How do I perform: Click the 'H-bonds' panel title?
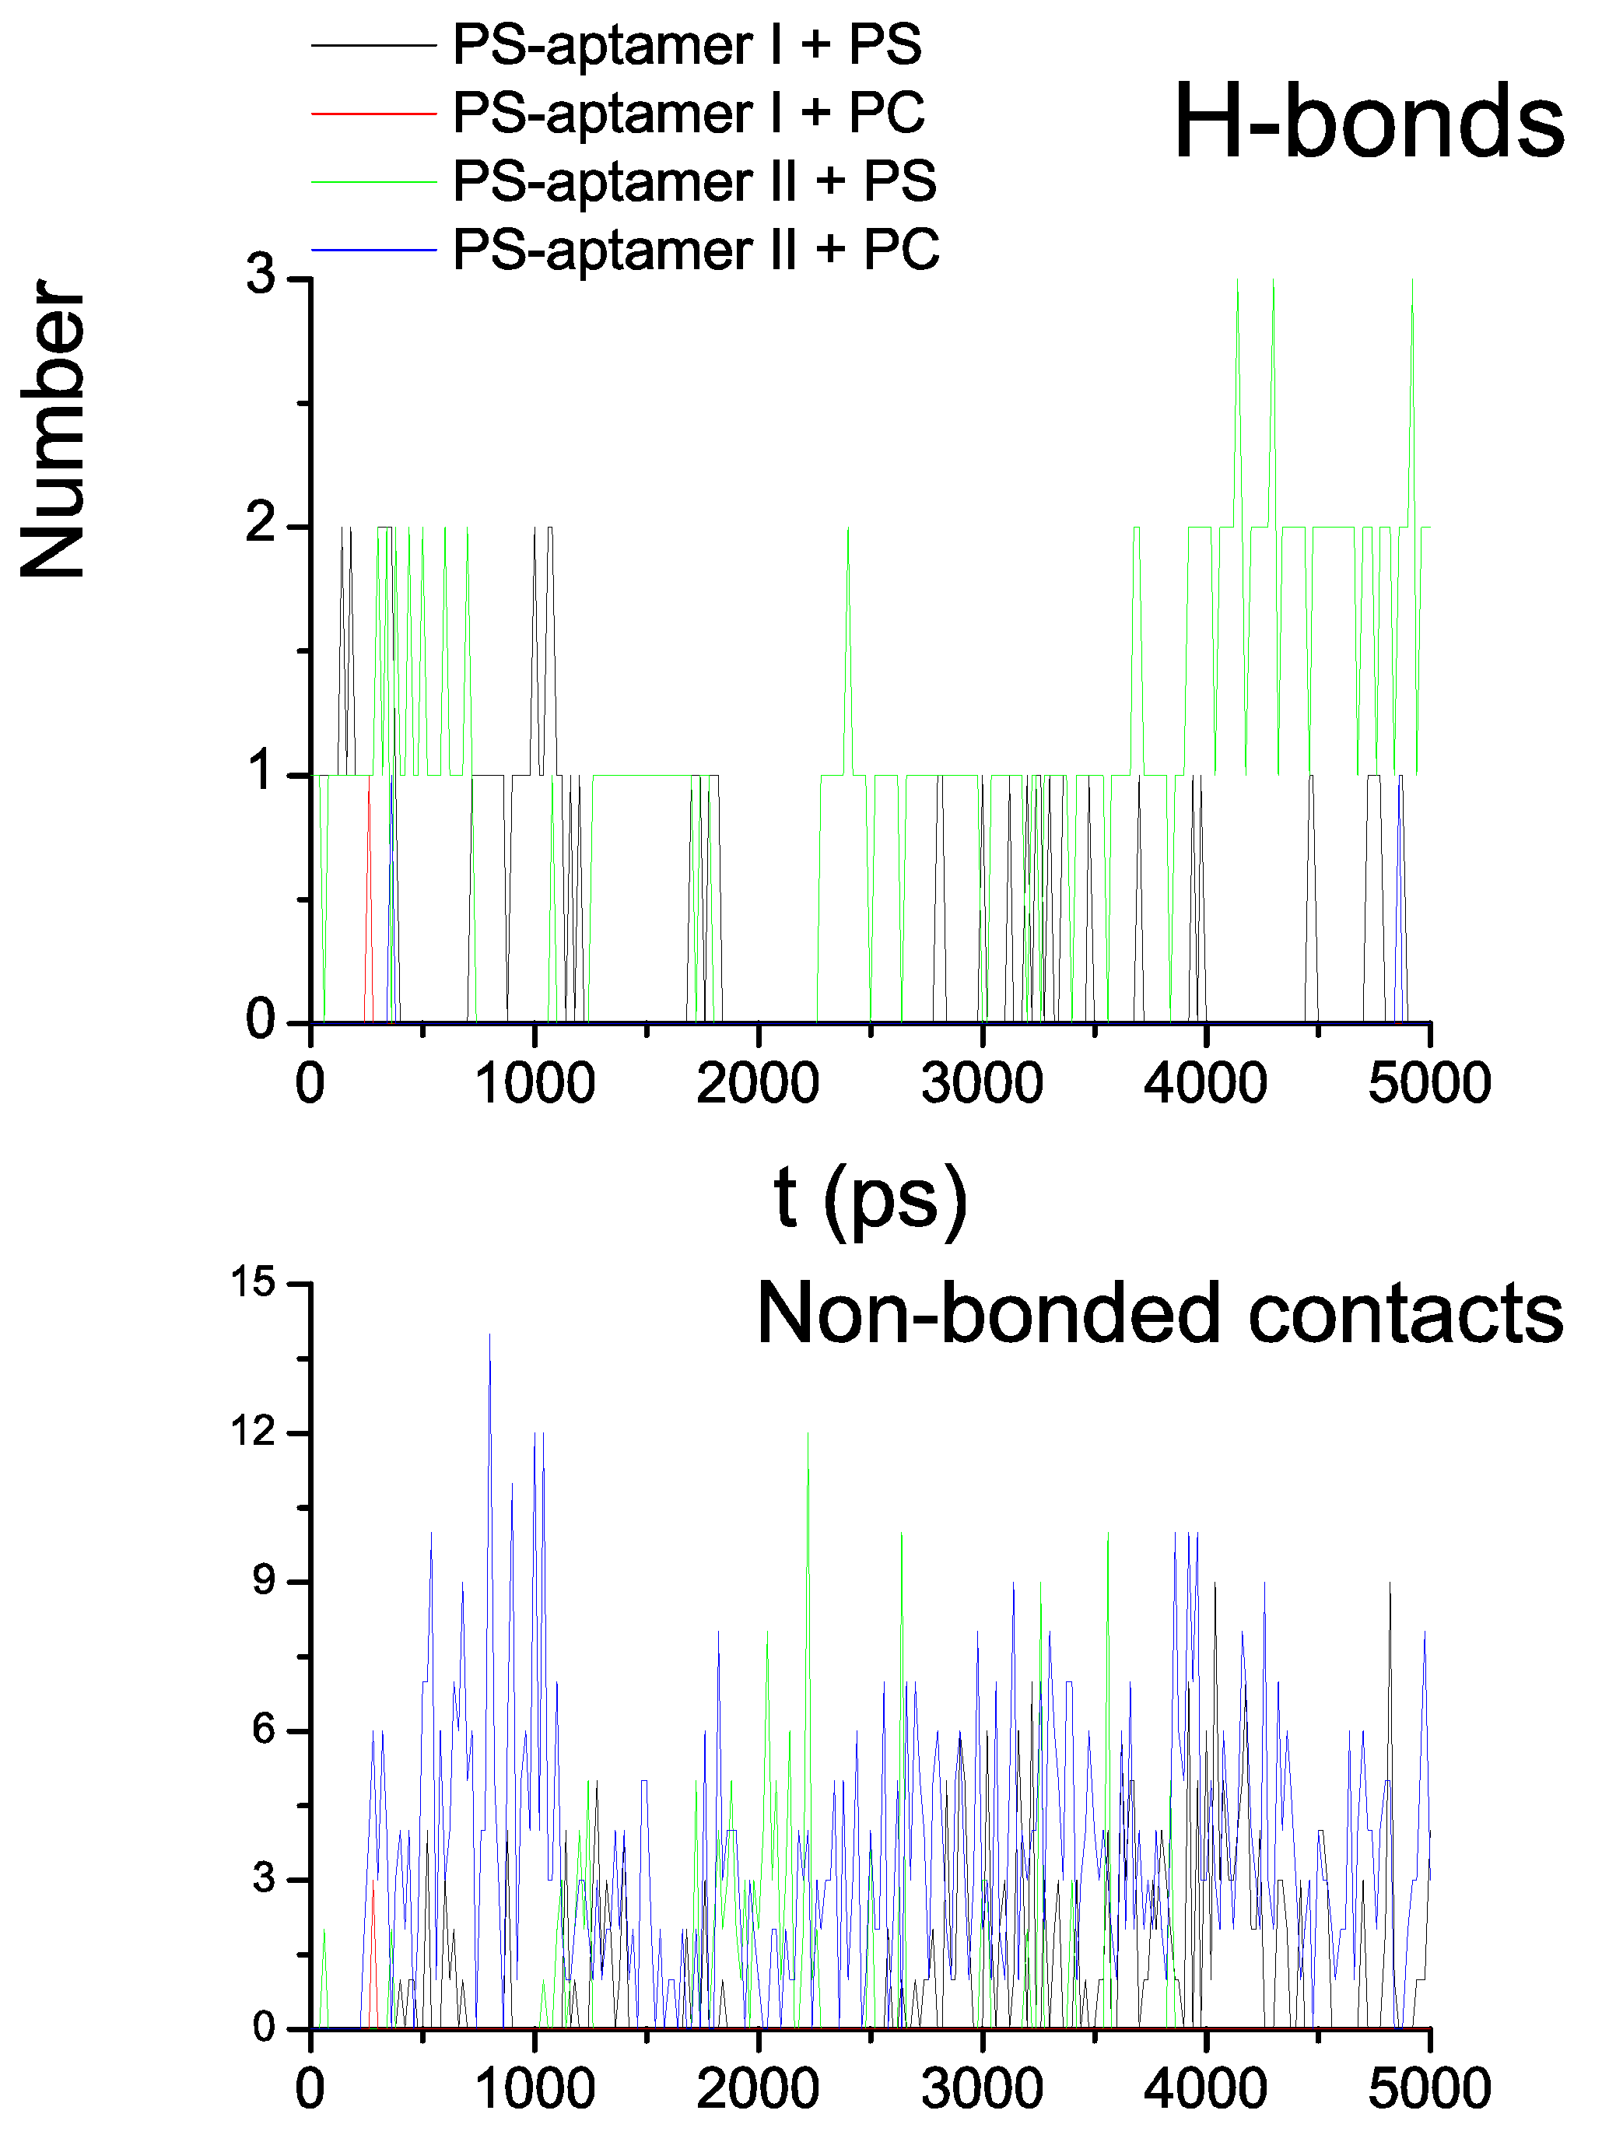(x=1368, y=121)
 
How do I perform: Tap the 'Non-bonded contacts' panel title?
(x=1159, y=1313)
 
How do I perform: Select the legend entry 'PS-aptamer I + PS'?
(x=687, y=45)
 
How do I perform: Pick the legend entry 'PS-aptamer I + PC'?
(x=689, y=113)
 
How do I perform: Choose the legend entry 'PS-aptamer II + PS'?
(x=695, y=181)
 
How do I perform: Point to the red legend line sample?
(x=373, y=114)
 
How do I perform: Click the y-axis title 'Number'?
(x=54, y=429)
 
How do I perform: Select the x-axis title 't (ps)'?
(x=871, y=1197)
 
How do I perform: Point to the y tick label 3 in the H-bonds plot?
(x=261, y=275)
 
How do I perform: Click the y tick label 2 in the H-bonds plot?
(x=261, y=525)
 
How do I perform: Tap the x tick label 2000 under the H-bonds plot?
(x=758, y=1084)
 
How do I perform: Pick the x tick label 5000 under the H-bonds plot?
(x=1428, y=1084)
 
